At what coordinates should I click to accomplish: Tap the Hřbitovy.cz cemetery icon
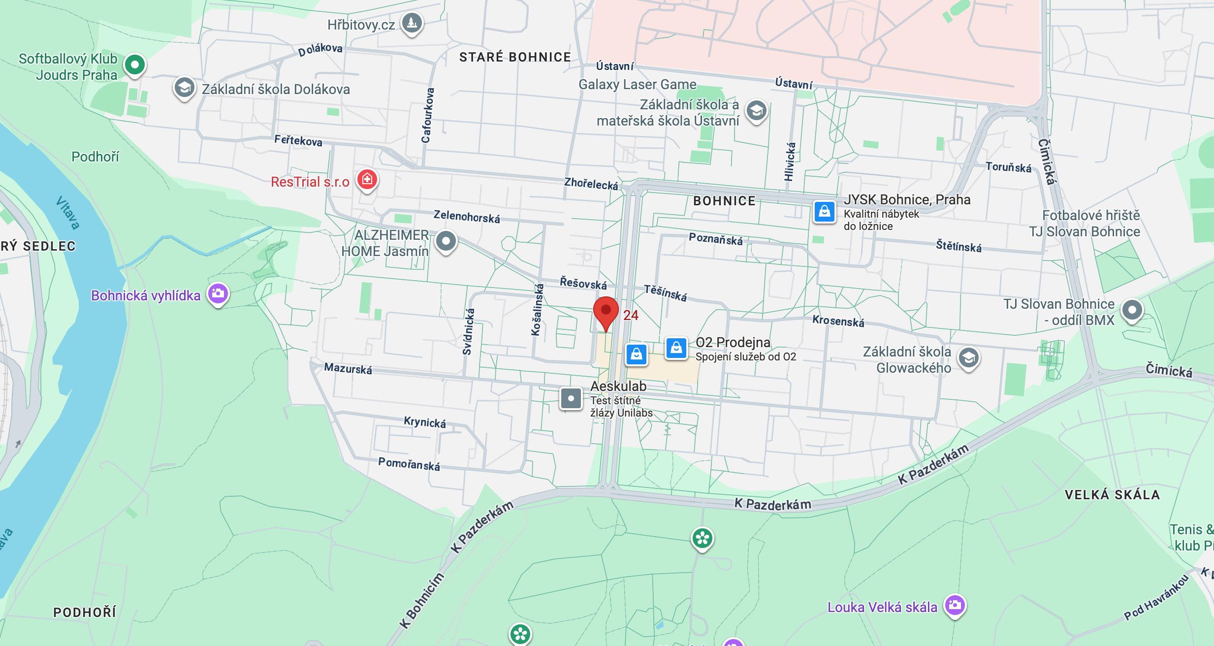(x=412, y=23)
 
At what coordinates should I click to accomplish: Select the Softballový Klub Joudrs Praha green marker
(x=134, y=65)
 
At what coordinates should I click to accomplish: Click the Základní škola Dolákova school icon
(x=184, y=88)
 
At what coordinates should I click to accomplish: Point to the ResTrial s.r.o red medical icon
(x=367, y=180)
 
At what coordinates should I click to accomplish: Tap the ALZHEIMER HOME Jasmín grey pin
(x=446, y=241)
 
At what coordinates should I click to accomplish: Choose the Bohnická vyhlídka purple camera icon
(x=218, y=293)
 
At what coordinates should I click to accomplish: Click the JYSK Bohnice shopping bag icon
(x=824, y=212)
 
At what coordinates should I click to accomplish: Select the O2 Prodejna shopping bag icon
(x=676, y=348)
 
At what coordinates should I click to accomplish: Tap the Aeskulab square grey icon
(x=571, y=398)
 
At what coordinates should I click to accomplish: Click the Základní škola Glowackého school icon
(x=968, y=358)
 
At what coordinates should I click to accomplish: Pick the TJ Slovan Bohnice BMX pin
(x=1132, y=310)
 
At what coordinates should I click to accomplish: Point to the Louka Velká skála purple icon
(x=955, y=605)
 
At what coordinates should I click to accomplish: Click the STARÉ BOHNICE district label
(x=515, y=57)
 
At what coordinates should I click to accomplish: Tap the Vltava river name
(x=67, y=213)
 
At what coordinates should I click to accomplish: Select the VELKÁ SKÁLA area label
(x=1112, y=494)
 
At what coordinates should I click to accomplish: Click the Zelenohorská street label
(x=466, y=217)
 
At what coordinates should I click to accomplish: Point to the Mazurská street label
(x=348, y=368)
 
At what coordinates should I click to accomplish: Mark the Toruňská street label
(x=1008, y=167)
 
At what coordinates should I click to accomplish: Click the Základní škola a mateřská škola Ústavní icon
(x=756, y=111)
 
